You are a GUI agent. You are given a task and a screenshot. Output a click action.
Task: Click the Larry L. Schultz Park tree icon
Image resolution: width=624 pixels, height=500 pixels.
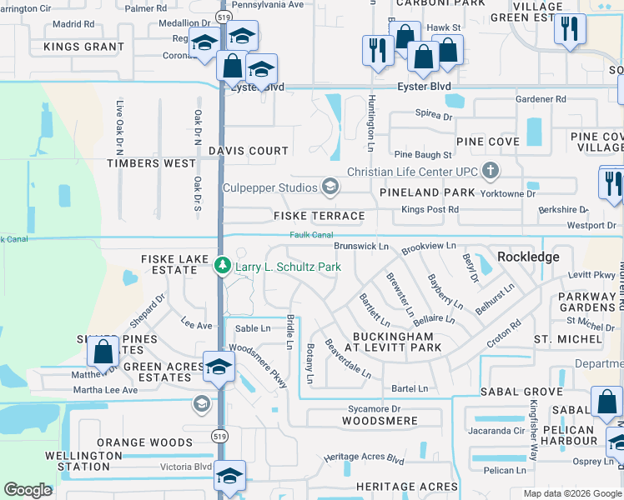click(x=223, y=267)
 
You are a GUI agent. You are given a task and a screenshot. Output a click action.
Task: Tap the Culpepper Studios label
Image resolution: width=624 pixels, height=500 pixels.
click(x=270, y=187)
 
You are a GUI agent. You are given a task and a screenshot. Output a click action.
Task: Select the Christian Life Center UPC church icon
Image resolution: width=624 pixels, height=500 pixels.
click(x=491, y=172)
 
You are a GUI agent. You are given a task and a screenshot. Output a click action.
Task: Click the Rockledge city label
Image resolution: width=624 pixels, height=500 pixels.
click(x=528, y=257)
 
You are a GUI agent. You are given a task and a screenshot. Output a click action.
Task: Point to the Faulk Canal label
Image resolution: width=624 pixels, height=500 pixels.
click(x=311, y=235)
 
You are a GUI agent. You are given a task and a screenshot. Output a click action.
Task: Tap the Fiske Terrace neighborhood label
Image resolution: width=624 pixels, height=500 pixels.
click(x=320, y=216)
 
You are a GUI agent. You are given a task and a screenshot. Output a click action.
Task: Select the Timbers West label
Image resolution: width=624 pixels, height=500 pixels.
click(x=151, y=163)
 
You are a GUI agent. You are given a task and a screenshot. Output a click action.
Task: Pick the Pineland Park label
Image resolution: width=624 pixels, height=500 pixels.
click(x=427, y=192)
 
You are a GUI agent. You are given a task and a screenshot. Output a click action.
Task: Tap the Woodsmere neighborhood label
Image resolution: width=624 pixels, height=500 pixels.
click(x=380, y=421)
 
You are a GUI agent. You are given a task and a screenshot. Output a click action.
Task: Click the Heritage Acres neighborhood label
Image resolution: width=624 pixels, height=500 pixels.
click(x=406, y=487)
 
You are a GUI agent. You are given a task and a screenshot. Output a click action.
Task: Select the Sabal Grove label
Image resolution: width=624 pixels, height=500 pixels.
click(x=522, y=391)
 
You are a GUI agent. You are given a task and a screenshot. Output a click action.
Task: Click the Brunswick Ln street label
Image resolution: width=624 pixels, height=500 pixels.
click(x=361, y=247)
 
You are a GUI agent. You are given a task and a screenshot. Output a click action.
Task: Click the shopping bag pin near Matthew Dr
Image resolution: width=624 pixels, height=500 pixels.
click(x=104, y=352)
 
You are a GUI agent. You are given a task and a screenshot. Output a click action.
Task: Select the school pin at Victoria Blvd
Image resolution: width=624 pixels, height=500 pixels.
click(x=229, y=475)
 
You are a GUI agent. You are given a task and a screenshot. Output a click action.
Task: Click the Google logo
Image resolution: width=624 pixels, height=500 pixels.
click(x=28, y=490)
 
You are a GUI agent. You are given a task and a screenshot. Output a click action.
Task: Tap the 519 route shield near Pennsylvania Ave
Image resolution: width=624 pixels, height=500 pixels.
click(x=221, y=16)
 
